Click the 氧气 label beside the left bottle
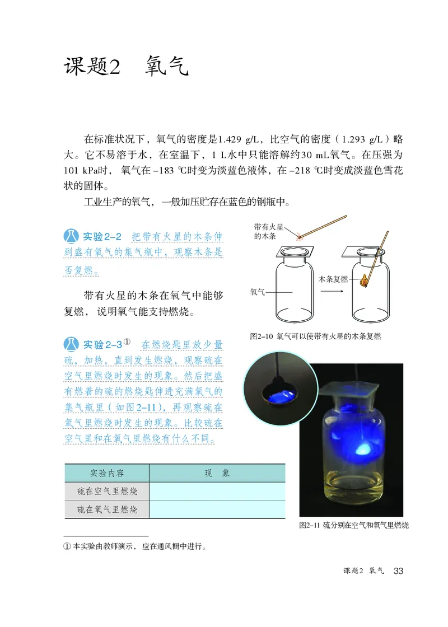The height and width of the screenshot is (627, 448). [258, 292]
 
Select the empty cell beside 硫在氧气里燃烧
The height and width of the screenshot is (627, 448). [217, 509]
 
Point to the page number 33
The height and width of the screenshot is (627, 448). [398, 571]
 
